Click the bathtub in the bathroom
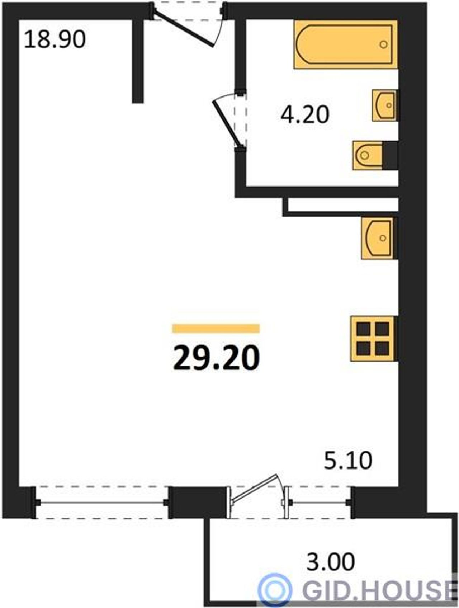346,44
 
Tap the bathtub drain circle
384,44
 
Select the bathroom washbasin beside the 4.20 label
384,105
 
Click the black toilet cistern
390,155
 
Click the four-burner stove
374,338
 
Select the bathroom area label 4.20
305,115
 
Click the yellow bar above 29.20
216,328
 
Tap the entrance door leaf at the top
183,28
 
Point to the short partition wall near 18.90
138,61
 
